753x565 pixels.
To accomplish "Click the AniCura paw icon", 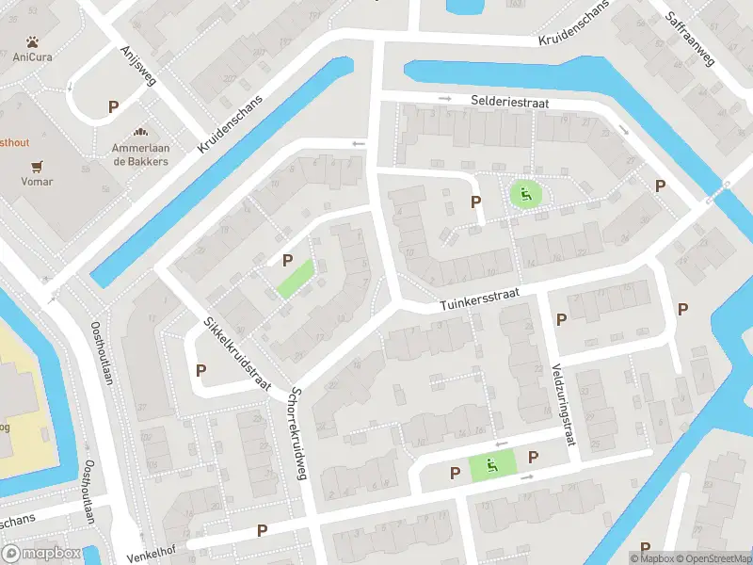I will (32, 42).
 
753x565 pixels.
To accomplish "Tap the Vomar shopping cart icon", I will (38, 168).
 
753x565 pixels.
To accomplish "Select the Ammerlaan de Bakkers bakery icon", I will (140, 135).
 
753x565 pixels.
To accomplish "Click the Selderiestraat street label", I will (509, 100).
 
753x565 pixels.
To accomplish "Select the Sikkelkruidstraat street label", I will (236, 354).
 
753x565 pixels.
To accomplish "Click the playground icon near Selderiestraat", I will (525, 195).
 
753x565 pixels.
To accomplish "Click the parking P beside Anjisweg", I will (113, 107).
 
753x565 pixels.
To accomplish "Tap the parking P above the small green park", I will (287, 262).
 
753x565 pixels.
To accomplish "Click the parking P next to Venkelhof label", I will (262, 532).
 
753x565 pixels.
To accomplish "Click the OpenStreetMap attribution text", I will (713, 558).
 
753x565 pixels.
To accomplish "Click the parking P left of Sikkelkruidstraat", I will (200, 371).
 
